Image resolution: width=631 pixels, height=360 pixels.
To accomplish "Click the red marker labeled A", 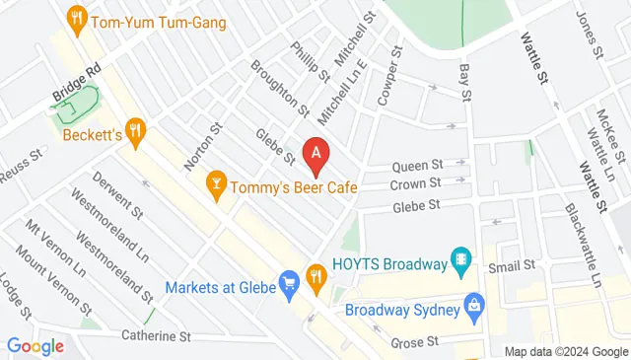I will click(315, 153).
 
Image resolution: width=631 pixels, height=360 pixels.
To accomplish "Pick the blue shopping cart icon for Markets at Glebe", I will click(289, 285).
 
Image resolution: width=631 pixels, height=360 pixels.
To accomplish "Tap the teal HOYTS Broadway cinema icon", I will click(459, 259).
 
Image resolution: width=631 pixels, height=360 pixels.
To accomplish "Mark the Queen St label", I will click(416, 167).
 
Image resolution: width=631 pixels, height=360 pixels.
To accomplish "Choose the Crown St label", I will click(415, 184).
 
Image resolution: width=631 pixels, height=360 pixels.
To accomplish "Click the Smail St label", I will click(516, 265).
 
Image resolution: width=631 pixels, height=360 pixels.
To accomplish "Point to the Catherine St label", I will click(156, 336).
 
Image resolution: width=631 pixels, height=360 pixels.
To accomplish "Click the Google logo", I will click(35, 346).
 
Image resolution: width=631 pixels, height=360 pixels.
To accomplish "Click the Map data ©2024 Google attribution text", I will click(565, 352).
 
